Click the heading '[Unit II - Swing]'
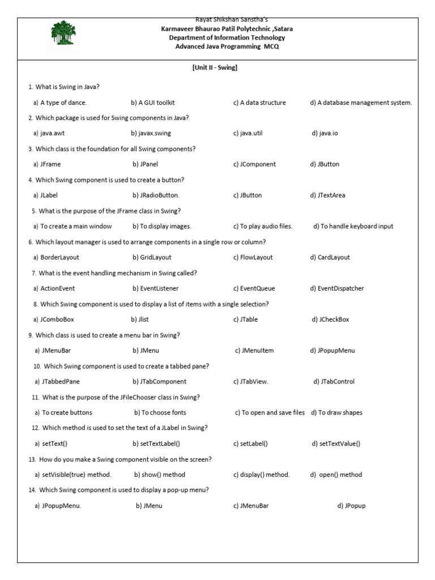pyautogui.click(x=215, y=67)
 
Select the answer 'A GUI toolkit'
pyautogui.click(x=153, y=103)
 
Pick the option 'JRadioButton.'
pyautogui.click(x=156, y=195)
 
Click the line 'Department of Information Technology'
pyautogui.click(x=227, y=37)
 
